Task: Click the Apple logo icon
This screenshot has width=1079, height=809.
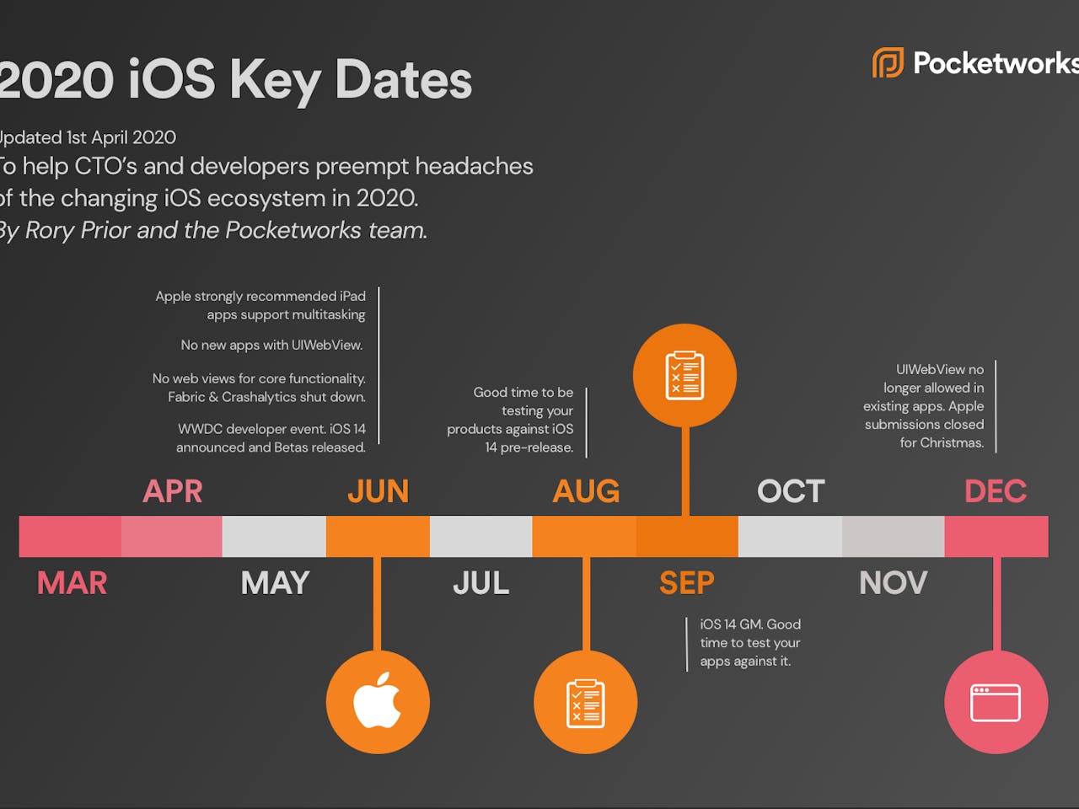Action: (377, 701)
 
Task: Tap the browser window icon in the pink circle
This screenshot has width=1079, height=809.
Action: (996, 702)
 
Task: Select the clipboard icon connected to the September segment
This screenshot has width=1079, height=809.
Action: (684, 375)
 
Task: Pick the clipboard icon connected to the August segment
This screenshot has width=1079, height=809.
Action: (585, 703)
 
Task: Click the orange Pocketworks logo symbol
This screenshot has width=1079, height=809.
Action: (888, 63)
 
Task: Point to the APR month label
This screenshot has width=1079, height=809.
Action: (173, 491)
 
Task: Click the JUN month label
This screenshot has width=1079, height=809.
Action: (378, 491)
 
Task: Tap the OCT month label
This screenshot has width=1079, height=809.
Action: (790, 491)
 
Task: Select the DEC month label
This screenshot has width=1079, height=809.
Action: (996, 491)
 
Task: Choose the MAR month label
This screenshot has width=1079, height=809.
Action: (72, 583)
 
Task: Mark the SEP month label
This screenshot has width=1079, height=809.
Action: (686, 583)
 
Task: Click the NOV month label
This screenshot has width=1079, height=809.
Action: (893, 583)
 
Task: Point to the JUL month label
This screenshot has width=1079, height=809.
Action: (480, 583)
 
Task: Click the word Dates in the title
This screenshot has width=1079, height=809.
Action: (403, 81)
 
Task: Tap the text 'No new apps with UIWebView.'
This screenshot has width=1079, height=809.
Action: (271, 346)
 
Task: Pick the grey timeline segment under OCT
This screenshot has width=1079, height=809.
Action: (790, 536)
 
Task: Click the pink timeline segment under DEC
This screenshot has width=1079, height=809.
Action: (996, 536)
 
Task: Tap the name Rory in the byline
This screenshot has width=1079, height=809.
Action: (50, 231)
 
